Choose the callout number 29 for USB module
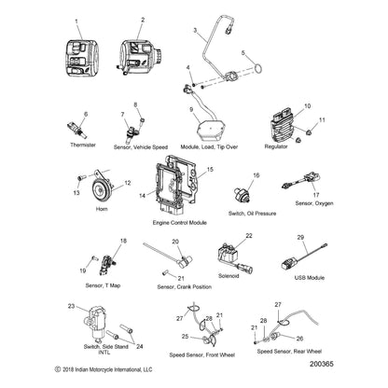(301, 239)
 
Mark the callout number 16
(256, 175)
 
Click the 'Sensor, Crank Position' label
(184, 286)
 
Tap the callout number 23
(71, 306)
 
